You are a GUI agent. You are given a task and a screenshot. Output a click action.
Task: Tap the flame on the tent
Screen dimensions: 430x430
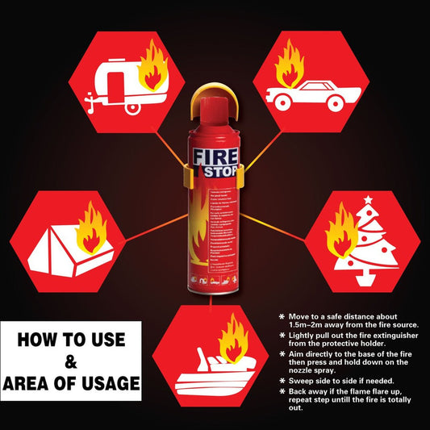pos(91,228)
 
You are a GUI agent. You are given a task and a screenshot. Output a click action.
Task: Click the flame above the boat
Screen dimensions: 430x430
pos(235,338)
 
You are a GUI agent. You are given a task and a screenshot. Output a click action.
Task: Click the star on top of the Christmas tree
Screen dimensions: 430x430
pos(369,199)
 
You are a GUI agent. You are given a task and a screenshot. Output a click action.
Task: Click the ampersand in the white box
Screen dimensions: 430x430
pos(71,360)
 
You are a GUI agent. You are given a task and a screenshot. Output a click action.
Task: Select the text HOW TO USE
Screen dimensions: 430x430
pos(71,338)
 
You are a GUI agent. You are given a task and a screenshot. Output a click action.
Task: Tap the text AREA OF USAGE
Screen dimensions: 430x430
pos(71,382)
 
